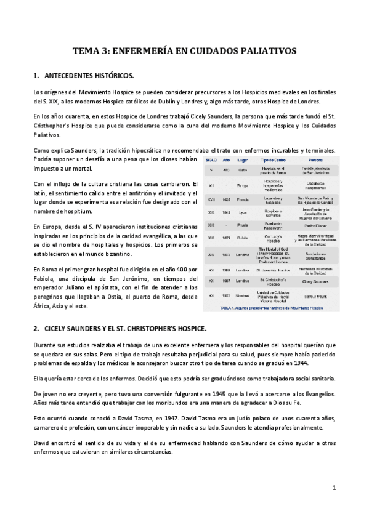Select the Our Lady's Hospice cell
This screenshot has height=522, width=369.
point(274,237)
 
